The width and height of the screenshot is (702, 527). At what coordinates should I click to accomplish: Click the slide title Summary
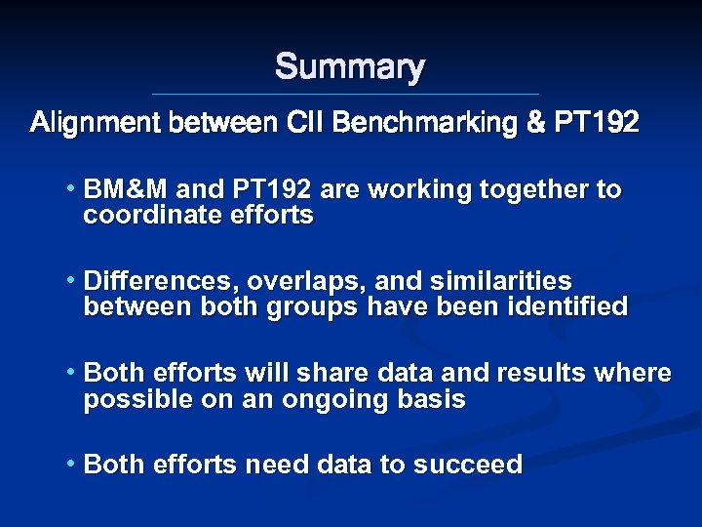coord(350,67)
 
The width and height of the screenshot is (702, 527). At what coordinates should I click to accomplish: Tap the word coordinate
coord(147,216)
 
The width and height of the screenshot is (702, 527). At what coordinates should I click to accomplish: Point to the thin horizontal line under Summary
coord(346,95)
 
